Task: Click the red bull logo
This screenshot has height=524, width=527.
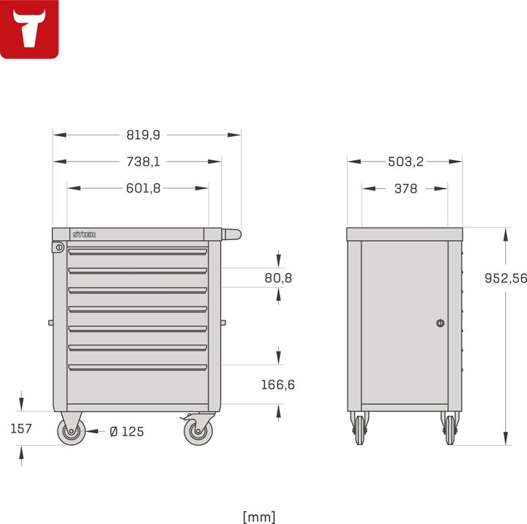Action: (29, 29)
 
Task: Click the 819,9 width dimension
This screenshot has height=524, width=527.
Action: (143, 135)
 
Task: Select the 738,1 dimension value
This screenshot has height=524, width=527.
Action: (143, 162)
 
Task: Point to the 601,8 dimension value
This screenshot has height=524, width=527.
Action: (143, 188)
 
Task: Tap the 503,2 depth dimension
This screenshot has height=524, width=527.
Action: (405, 162)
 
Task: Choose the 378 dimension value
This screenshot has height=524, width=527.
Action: (405, 188)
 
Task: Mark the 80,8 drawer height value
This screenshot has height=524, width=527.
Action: (279, 278)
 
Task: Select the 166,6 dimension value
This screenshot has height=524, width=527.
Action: (278, 384)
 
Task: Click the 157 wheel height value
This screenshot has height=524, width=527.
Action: (21, 428)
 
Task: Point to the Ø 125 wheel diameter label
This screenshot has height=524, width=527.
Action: (127, 432)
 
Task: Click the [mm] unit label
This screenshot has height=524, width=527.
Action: (259, 517)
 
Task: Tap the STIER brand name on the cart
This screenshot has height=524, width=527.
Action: (84, 234)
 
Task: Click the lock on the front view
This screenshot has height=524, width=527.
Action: (59, 248)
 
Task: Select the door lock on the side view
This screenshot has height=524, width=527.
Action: (440, 323)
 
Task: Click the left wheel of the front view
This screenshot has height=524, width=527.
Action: (72, 432)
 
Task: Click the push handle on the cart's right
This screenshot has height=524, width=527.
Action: (231, 234)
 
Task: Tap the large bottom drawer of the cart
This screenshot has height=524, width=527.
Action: (138, 386)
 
